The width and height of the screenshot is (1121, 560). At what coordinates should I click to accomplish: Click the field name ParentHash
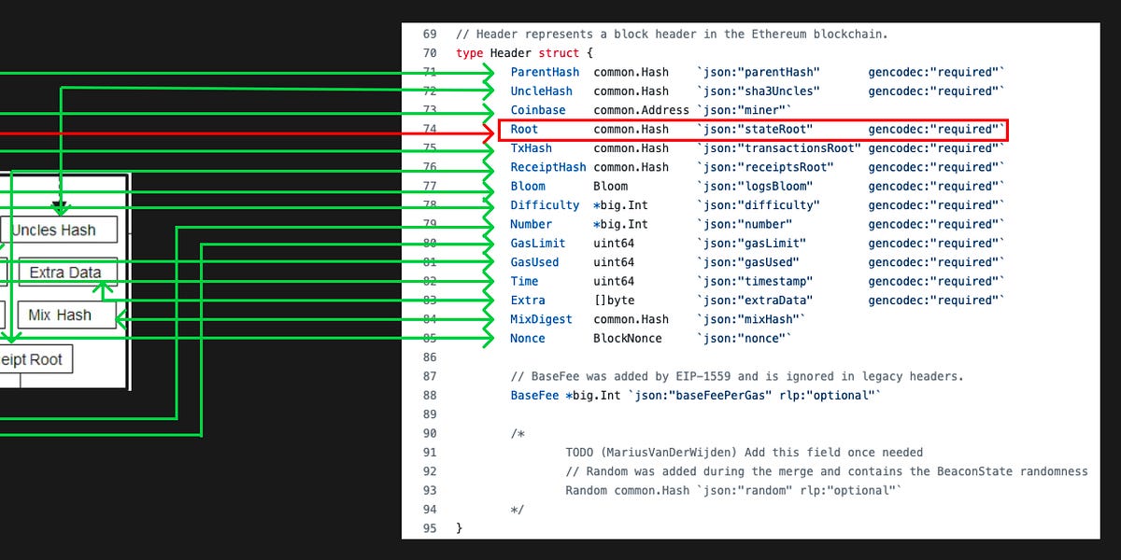pos(545,72)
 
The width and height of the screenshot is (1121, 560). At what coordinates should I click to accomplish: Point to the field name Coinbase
pos(538,110)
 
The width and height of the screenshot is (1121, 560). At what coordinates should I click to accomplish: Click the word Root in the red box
pos(524,129)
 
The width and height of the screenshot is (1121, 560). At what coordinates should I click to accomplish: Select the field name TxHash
pos(531,148)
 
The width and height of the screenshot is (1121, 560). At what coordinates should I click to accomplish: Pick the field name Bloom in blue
pos(528,186)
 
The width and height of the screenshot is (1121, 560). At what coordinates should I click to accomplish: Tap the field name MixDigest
pos(542,319)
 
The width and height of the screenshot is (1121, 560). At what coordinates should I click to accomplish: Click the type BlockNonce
pos(628,338)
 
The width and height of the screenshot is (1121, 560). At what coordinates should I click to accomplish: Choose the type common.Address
pos(641,110)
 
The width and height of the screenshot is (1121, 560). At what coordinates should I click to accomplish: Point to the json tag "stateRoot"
pos(756,129)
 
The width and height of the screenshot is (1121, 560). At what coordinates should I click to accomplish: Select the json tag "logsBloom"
pos(756,186)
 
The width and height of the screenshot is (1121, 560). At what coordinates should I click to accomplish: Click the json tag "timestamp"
pos(756,281)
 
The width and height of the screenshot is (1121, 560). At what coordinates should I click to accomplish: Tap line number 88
pos(430,396)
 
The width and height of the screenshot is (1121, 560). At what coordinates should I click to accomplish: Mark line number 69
pos(430,34)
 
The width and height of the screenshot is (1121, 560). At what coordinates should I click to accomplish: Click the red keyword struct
pos(559,53)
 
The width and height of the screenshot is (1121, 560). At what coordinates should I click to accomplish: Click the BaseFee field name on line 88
pos(534,396)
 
